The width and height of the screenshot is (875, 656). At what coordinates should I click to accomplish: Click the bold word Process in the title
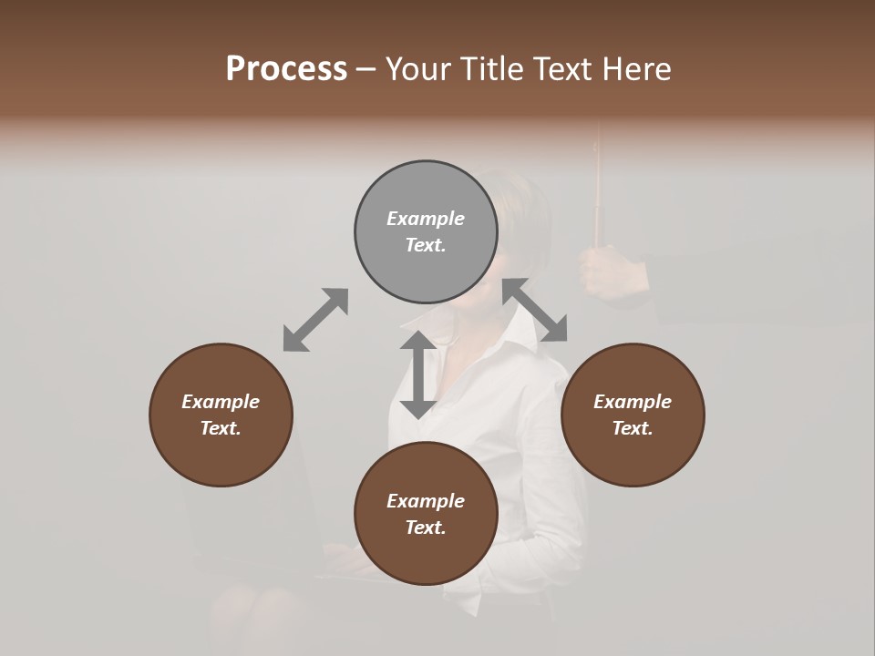point(286,69)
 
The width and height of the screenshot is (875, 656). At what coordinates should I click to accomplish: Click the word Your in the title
point(418,69)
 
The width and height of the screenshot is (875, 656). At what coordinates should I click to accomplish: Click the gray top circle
point(426,231)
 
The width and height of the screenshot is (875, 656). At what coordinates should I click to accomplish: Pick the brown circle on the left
point(221,415)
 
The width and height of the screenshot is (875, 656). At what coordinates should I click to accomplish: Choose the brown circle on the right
point(633,415)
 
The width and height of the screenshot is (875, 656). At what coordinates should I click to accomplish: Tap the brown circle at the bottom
point(426,514)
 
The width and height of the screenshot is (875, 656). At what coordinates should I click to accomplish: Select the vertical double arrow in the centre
point(418,374)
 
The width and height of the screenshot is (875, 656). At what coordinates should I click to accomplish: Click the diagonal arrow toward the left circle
point(315,320)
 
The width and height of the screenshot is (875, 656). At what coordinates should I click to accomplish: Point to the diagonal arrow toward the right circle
point(535,311)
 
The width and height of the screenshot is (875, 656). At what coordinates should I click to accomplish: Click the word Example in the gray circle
point(426,219)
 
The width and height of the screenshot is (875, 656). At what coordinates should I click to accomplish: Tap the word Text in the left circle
point(221,428)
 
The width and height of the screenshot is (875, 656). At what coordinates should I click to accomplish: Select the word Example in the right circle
point(633,402)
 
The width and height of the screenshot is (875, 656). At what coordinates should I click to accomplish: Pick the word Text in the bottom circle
point(426,528)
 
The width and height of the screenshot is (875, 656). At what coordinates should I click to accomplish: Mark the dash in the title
point(366,69)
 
